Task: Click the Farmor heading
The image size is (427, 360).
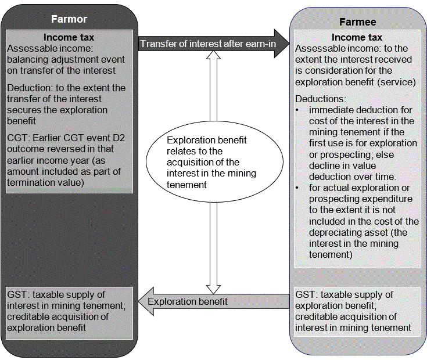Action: [x=69, y=19]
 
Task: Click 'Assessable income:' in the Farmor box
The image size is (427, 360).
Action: [x=43, y=49]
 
